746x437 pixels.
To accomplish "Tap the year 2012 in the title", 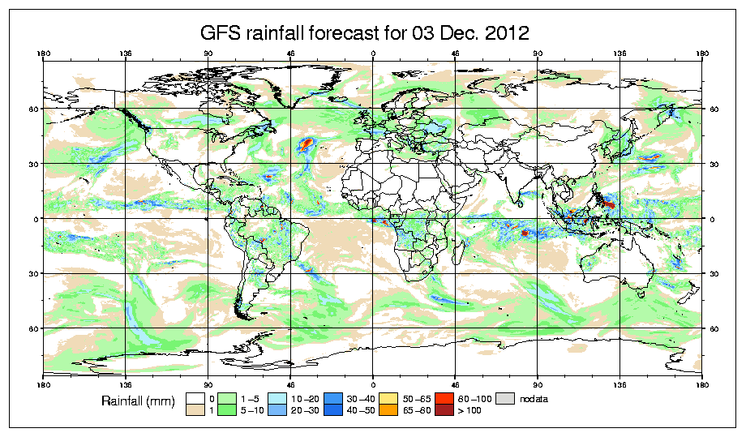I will (504, 33).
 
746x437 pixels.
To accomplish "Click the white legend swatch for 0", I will (194, 398).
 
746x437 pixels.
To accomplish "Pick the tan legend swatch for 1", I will (194, 411).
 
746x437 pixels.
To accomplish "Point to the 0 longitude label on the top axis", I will (373, 54).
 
